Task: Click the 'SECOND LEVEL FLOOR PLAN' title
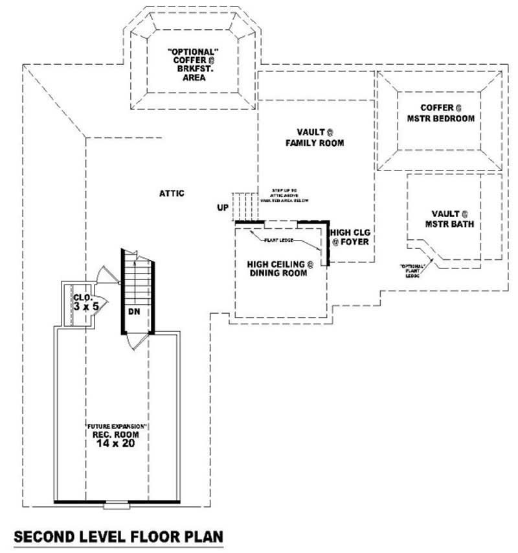(x=118, y=537)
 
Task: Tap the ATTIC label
(x=172, y=193)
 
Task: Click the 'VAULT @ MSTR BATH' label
(x=449, y=219)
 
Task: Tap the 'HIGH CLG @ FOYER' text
(x=350, y=237)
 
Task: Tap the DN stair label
(x=134, y=312)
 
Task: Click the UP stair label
(x=223, y=208)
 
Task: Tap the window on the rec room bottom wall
(x=117, y=504)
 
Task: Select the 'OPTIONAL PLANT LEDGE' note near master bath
(x=412, y=270)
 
